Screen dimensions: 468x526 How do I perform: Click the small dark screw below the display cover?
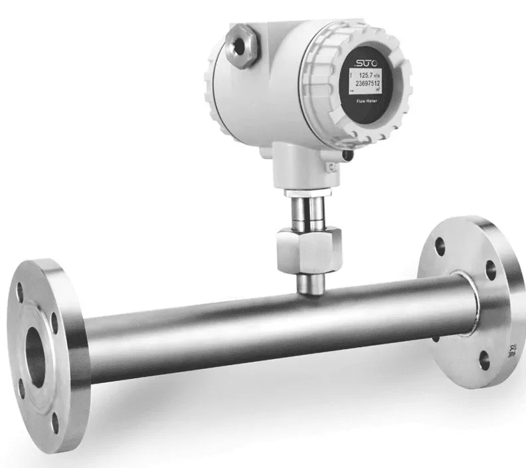pos(347,155)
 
